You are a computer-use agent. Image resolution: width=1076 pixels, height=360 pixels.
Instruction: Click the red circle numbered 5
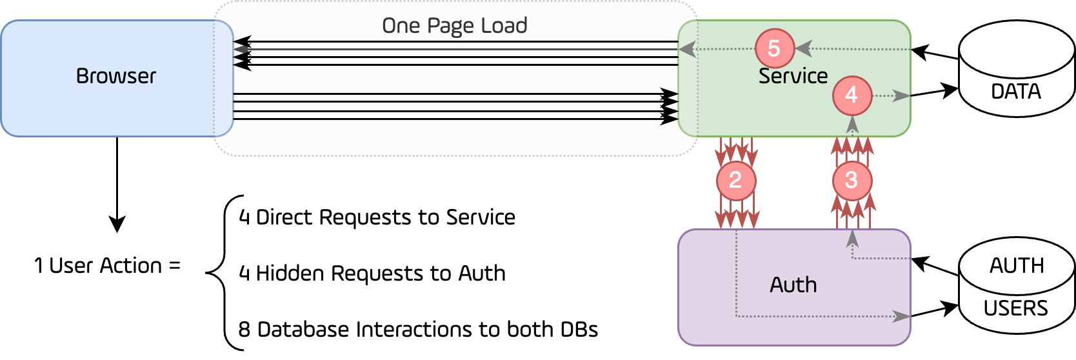(x=774, y=48)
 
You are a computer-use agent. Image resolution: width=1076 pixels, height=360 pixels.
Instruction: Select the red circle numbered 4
(x=852, y=95)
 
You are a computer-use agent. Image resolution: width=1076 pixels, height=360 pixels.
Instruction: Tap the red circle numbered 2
(x=735, y=181)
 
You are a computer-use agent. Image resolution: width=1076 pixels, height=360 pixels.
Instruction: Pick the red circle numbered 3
(x=852, y=181)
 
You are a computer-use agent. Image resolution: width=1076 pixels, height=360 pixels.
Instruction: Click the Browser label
(x=116, y=76)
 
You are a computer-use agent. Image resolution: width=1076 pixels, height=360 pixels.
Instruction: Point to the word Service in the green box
(x=793, y=76)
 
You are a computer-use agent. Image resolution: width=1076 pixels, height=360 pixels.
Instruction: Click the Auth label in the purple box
(x=793, y=285)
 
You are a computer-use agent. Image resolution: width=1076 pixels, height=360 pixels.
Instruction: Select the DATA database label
(x=1016, y=92)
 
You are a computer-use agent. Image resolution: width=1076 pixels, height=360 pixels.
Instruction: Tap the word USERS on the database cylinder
(x=1016, y=308)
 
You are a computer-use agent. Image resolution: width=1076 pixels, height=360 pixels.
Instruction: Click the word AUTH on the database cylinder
(x=1017, y=265)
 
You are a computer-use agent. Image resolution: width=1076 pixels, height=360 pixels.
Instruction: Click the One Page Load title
(x=455, y=26)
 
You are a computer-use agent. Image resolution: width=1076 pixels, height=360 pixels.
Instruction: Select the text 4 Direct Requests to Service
(x=377, y=217)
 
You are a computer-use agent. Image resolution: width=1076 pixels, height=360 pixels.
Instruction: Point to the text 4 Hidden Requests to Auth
(x=372, y=274)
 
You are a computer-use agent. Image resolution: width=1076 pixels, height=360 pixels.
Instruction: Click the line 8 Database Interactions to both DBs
(x=418, y=330)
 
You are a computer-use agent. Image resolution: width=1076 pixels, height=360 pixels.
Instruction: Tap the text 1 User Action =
(x=107, y=266)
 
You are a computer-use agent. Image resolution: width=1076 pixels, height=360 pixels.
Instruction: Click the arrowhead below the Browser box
(x=117, y=224)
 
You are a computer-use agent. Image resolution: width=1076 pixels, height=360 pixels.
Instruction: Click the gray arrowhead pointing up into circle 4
(x=852, y=124)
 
